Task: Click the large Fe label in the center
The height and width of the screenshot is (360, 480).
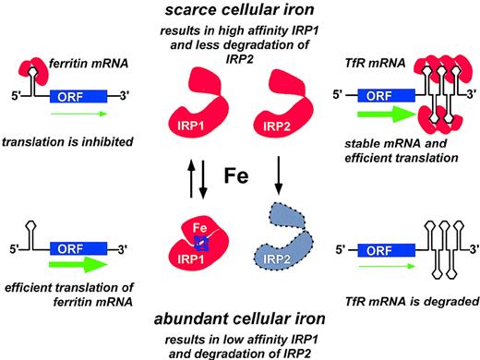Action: (x=239, y=176)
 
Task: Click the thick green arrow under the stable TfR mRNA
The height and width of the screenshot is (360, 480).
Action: (x=379, y=115)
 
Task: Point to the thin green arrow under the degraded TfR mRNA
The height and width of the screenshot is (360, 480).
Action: (x=378, y=268)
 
